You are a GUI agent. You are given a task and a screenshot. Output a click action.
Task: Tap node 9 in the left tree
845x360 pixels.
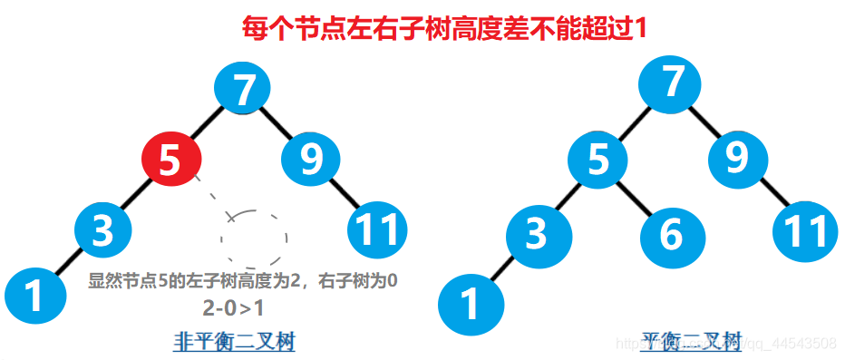312,160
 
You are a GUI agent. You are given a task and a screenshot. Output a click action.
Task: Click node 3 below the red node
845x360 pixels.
102,230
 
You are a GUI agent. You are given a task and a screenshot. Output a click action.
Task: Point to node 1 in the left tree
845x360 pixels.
34,296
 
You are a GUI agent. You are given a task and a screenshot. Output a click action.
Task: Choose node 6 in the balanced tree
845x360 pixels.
671,236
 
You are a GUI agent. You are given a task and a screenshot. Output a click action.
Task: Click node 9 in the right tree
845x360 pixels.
740,160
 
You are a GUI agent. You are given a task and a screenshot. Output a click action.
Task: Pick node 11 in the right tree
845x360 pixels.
804,232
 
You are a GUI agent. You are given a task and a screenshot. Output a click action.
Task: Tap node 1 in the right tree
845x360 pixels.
469,304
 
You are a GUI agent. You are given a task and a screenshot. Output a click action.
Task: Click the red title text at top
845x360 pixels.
445,27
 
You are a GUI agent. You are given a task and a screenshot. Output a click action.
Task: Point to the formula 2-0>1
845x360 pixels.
233,308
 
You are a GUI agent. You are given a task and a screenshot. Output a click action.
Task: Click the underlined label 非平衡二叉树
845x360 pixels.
235,341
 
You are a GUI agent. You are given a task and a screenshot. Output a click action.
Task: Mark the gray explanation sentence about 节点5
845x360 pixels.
242,281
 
